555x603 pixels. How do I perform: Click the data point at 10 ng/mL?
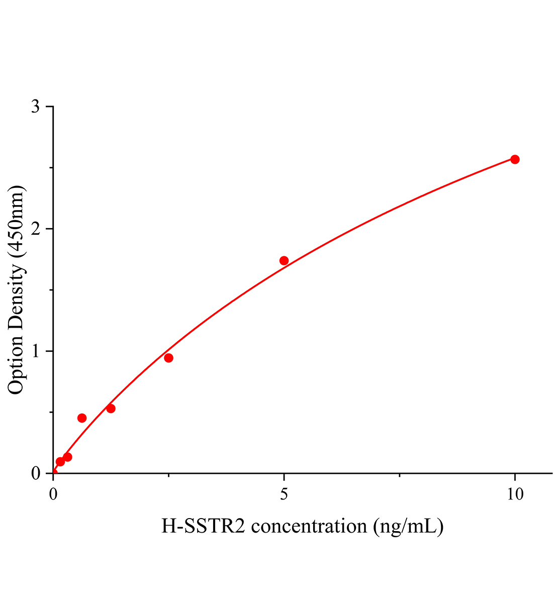(x=515, y=159)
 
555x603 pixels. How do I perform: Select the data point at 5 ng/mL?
(x=284, y=260)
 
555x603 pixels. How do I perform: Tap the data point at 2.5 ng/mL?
(x=169, y=358)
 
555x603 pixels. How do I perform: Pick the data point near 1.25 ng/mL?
(x=111, y=409)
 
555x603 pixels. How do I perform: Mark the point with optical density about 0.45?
(x=82, y=418)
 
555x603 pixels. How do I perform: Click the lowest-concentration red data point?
(x=60, y=461)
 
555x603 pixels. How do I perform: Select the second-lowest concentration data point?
(x=67, y=457)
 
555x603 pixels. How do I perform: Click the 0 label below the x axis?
(x=53, y=495)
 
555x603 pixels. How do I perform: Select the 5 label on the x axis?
(x=284, y=495)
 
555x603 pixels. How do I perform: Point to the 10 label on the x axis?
(x=515, y=495)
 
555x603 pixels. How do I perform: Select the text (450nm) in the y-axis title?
(x=16, y=221)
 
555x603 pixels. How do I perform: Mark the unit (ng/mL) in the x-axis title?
(x=408, y=527)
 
